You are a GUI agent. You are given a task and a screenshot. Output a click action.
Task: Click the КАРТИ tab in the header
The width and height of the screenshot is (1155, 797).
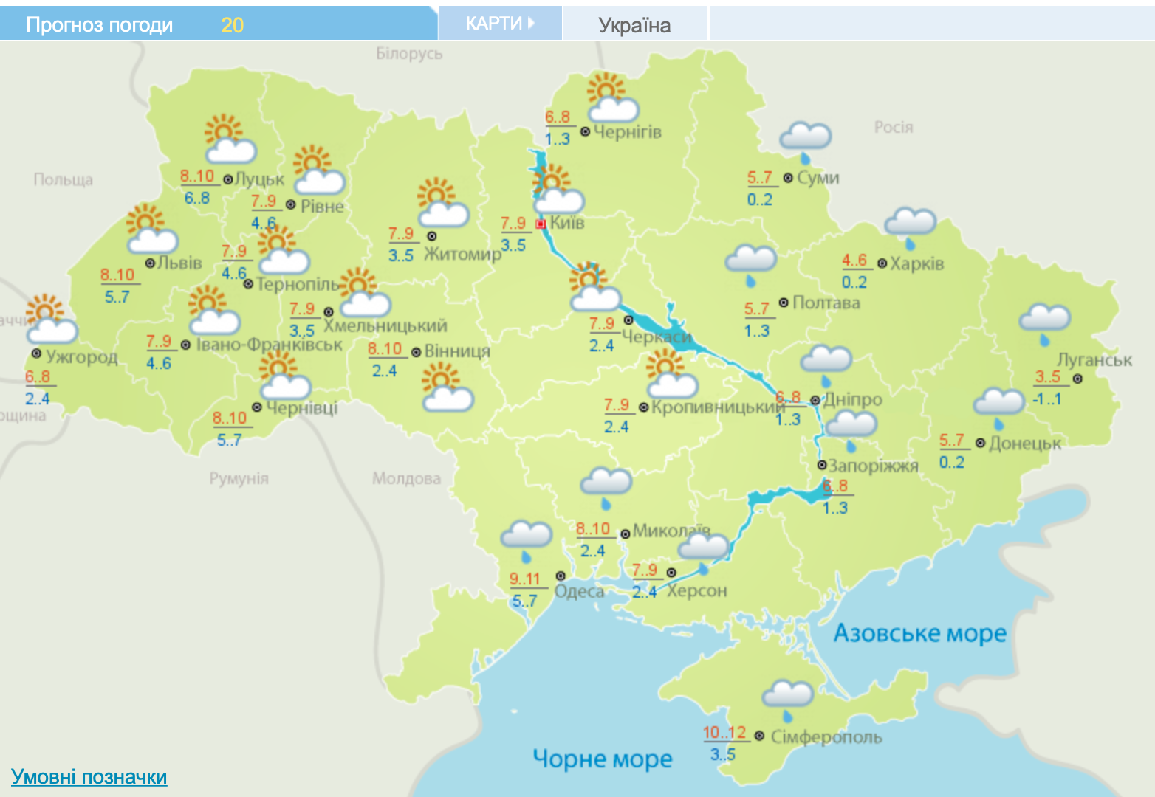[500, 24]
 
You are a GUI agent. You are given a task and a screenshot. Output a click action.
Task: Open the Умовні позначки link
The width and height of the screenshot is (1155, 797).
[89, 777]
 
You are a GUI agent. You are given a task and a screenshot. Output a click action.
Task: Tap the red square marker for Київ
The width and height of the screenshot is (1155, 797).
[541, 224]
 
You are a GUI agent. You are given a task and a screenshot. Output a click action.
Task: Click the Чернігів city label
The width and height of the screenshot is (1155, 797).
[627, 132]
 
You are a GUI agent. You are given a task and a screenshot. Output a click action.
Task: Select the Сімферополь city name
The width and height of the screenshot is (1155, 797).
[826, 736]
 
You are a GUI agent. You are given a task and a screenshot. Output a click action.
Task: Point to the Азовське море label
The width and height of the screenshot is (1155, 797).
[919, 633]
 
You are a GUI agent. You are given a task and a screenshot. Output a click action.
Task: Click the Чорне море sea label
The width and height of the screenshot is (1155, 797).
[602, 759]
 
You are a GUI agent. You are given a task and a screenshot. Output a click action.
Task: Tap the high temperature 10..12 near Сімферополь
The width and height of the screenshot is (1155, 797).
[724, 733]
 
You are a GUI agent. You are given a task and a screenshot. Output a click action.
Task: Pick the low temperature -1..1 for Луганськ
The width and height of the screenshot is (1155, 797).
[1046, 399]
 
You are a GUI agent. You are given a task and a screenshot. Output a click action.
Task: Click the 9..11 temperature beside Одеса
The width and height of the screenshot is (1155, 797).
[525, 579]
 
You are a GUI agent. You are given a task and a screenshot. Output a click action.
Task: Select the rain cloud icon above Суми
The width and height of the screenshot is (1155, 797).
[805, 139]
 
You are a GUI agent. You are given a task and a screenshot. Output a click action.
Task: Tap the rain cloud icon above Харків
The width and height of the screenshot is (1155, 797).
[910, 224]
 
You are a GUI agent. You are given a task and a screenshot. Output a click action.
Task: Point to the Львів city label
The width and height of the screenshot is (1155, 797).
[179, 263]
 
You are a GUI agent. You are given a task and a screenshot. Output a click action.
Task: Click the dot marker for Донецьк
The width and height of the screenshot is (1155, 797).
[980, 443]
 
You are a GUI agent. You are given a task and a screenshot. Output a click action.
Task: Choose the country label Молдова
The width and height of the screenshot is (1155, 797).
[406, 479]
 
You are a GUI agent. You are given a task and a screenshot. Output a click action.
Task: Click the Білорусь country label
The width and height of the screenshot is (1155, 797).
[409, 53]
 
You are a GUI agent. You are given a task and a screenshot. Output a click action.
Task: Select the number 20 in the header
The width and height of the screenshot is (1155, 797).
[232, 25]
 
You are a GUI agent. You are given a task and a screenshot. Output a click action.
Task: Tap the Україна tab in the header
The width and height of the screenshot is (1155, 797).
[634, 26]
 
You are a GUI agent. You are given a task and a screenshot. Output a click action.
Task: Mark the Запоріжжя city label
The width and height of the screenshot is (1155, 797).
[873, 466]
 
